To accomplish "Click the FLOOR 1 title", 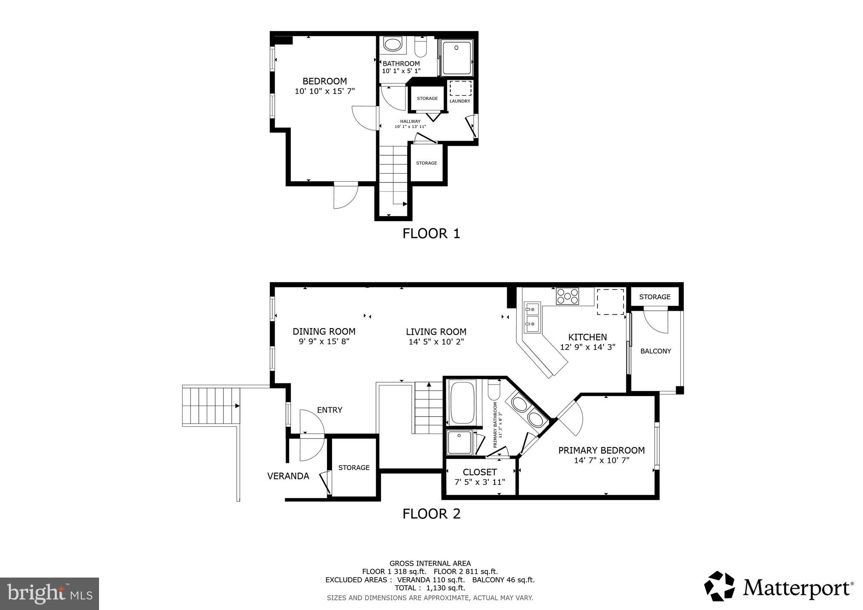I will [x=431, y=233].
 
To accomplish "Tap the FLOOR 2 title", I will [x=431, y=514].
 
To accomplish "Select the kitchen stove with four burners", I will [x=567, y=296].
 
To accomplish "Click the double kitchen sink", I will [x=532, y=317].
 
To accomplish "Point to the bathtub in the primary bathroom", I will [x=462, y=402].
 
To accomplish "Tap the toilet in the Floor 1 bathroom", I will [x=421, y=47].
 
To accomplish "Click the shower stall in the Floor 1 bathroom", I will [x=456, y=58].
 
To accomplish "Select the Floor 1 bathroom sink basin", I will [x=393, y=45].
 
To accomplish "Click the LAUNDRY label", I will [x=460, y=101].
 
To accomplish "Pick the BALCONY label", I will [x=655, y=351].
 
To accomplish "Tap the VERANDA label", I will [x=288, y=476].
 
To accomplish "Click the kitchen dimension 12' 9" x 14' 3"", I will [x=587, y=347].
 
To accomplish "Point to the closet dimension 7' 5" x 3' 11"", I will [x=480, y=482].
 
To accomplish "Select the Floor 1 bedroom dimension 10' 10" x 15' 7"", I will [x=324, y=91].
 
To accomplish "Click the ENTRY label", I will [x=330, y=410].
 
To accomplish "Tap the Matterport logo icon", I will [x=719, y=586].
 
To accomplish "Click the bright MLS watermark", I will [x=49, y=594].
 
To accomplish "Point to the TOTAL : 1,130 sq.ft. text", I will [x=430, y=588].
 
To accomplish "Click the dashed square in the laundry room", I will [x=460, y=88].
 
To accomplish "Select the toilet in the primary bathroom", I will [x=494, y=390].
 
